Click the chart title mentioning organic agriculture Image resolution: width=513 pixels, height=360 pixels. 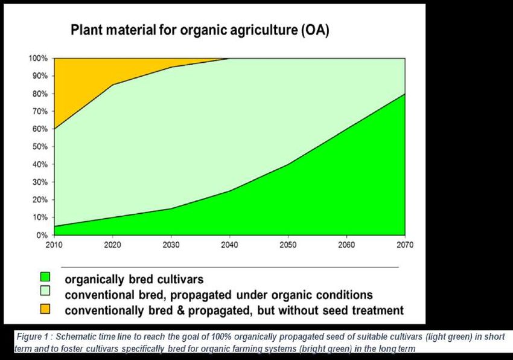[200, 30]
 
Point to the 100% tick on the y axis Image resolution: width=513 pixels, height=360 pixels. [38, 59]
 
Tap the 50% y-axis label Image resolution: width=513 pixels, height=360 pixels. [40, 147]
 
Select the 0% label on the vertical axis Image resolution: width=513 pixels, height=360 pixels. [42, 235]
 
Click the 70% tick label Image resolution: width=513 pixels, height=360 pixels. [40, 111]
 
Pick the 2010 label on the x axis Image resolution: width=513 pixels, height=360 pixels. [54, 245]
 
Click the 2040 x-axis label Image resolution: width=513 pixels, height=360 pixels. [230, 245]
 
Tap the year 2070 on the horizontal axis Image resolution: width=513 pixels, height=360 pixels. [405, 245]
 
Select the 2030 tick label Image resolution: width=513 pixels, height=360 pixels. [171, 245]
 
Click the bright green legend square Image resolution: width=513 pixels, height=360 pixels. [45, 277]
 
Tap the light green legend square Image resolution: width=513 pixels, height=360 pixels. [45, 291]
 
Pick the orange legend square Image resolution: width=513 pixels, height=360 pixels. [45, 309]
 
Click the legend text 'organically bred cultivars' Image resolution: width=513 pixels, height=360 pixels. [134, 280]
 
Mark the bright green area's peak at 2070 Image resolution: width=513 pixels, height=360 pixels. [405, 94]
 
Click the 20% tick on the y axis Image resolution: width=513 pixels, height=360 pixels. [40, 200]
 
